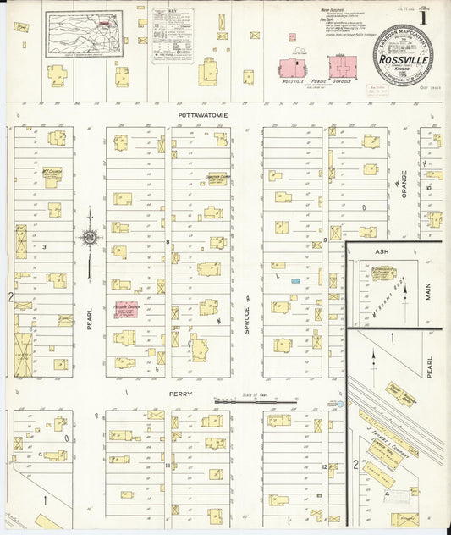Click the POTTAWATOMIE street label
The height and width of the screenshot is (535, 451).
(203, 113)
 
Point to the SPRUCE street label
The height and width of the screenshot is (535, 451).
(247, 317)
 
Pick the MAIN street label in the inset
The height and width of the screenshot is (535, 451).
(429, 291)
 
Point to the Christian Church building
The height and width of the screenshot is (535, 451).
(218, 179)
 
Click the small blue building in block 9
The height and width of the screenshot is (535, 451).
(296, 280)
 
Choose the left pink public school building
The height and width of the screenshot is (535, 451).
(291, 69)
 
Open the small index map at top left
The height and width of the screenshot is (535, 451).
(84, 33)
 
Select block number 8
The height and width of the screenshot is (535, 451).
(168, 242)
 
